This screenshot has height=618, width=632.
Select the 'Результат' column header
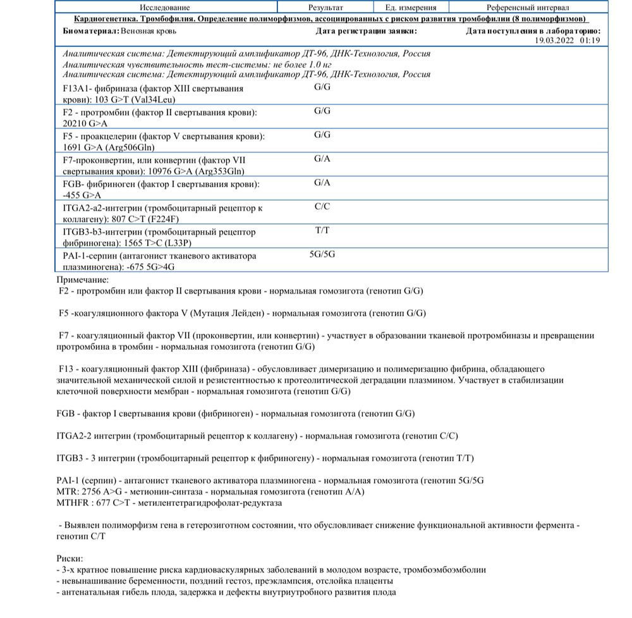point(325,8)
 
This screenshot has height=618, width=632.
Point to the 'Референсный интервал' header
point(528,8)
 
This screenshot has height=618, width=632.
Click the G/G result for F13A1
point(322,87)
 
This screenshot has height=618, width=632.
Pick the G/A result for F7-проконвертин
point(322,159)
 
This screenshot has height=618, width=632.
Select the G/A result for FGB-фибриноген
point(322,183)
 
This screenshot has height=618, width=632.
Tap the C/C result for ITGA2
point(322,207)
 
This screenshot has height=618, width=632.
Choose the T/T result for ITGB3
point(322,231)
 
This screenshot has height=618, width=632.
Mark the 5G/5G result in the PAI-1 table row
point(322,255)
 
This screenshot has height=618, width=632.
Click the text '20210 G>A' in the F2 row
point(86,124)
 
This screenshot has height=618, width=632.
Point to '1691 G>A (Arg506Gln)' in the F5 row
point(109,148)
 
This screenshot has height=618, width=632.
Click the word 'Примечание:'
point(82,279)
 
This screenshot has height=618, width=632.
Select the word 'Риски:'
point(69,558)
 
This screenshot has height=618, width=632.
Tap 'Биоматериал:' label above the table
point(90,30)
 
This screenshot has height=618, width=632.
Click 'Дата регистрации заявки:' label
point(366,30)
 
